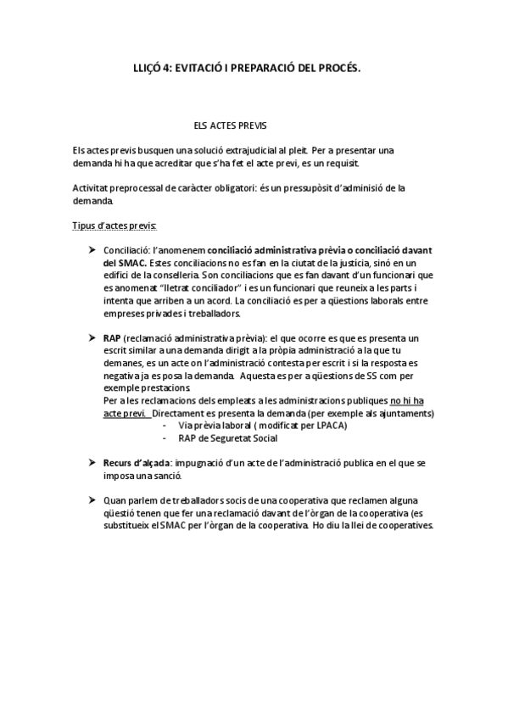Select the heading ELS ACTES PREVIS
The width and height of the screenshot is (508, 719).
(x=231, y=125)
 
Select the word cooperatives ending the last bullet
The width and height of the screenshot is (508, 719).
(x=405, y=526)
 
